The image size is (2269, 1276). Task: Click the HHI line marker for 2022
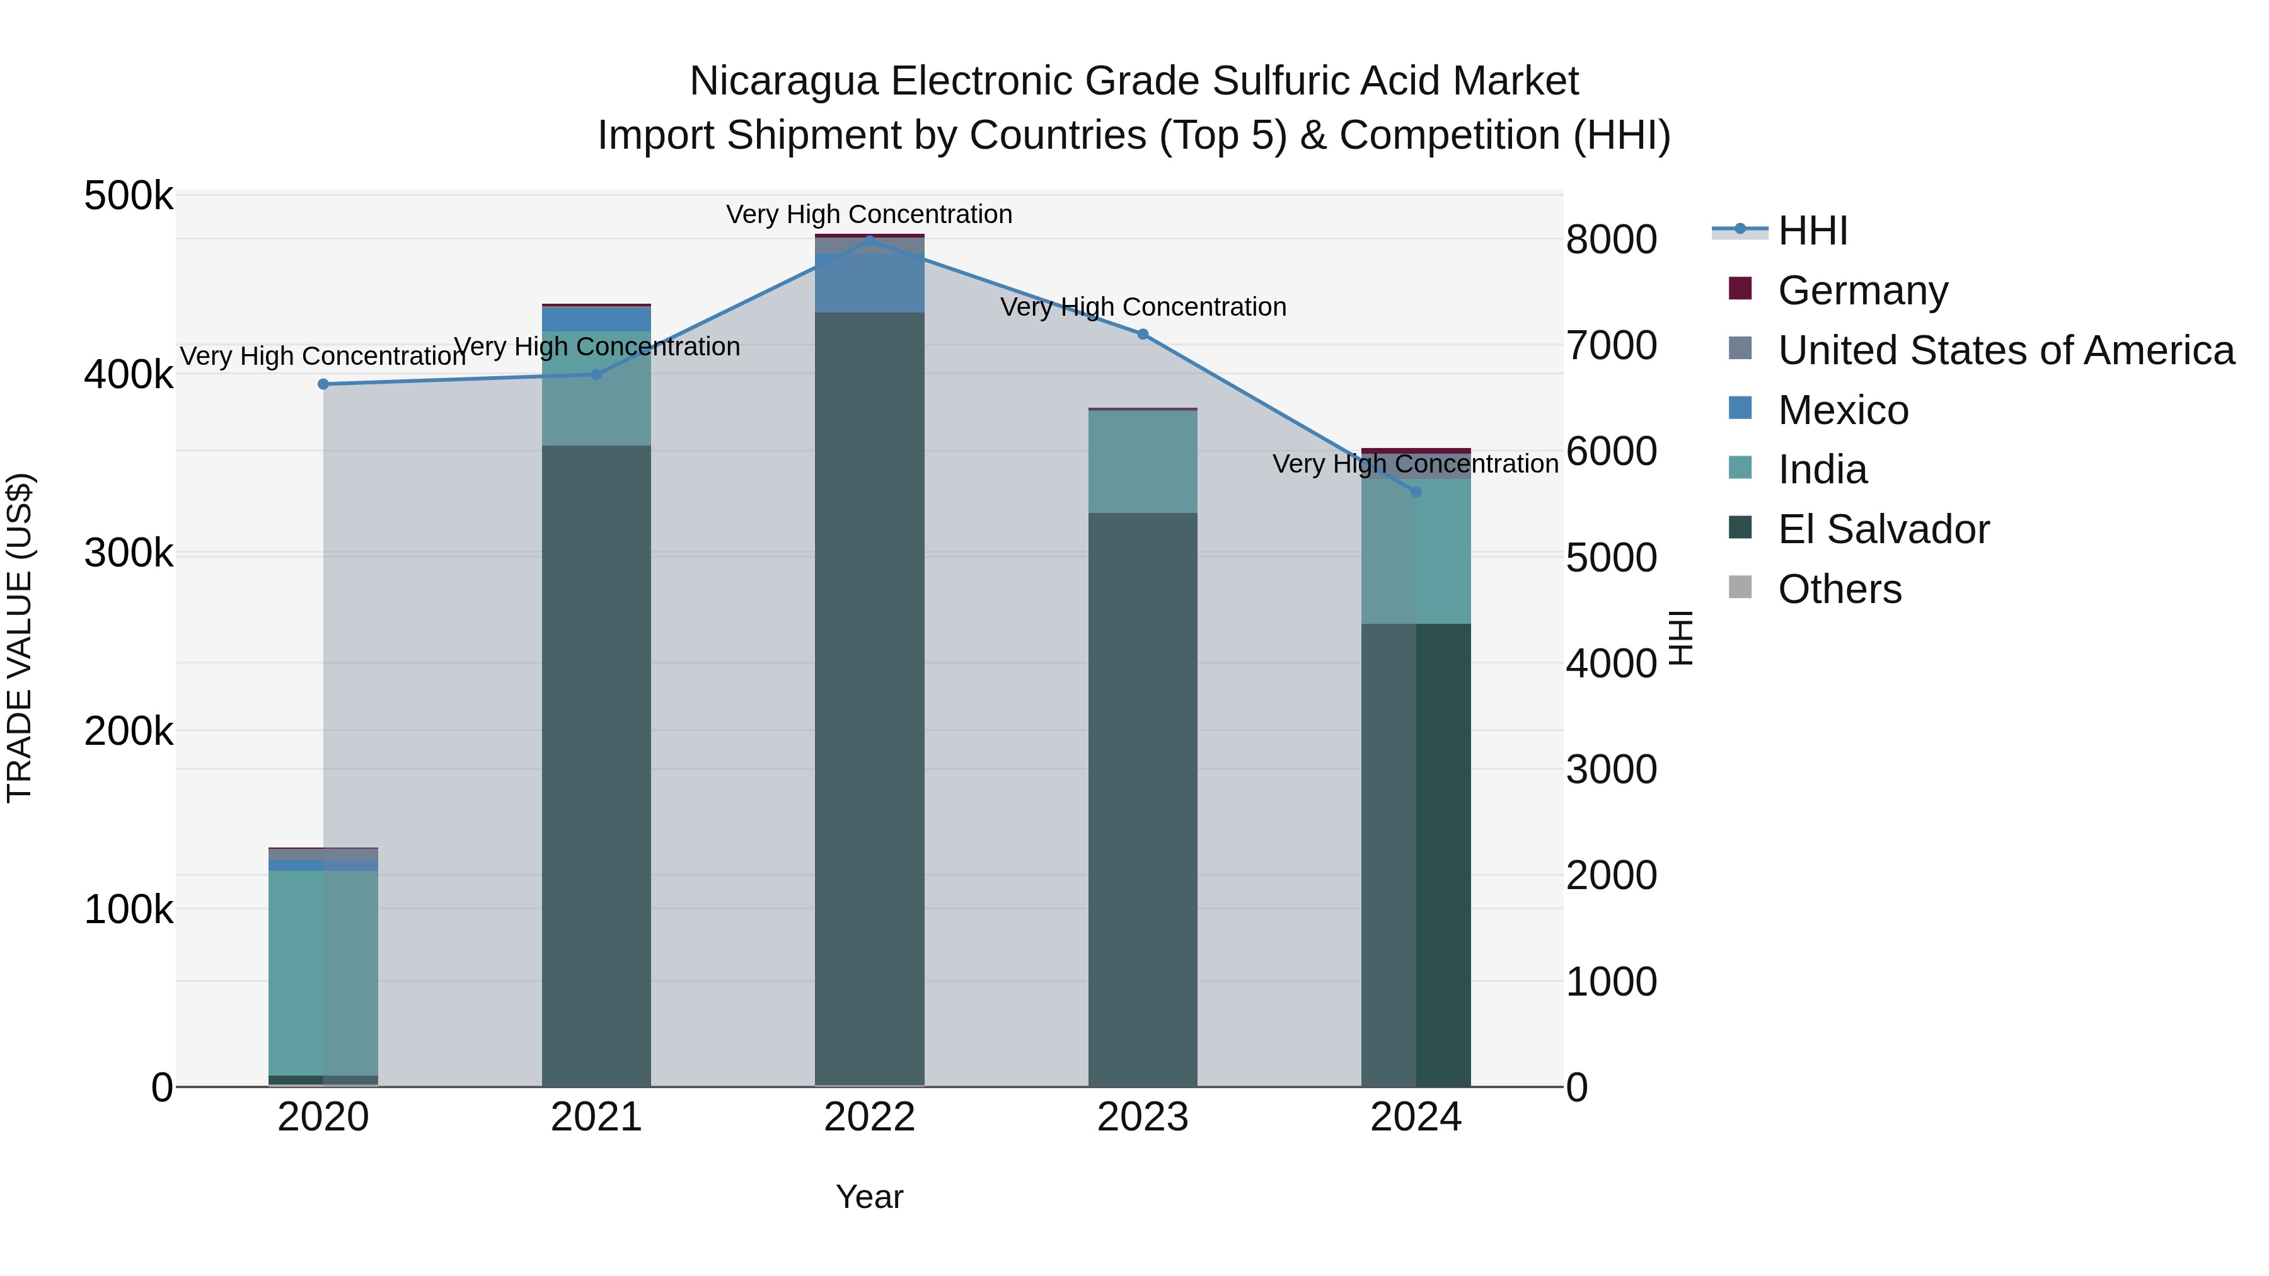tap(869, 241)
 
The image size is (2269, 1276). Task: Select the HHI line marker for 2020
tap(323, 384)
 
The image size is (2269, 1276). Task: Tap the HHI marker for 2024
tap(1416, 492)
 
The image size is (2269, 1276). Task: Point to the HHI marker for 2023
tap(1143, 335)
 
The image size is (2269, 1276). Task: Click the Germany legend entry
tap(1862, 290)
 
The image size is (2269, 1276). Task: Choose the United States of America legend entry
tap(2005, 350)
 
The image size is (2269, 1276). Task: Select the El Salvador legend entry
tap(1883, 529)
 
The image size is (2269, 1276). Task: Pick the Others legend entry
tap(1839, 589)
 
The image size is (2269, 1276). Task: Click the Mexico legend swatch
tap(1740, 408)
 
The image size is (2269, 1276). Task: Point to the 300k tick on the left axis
tap(129, 554)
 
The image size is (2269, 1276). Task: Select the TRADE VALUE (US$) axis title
tap(20, 638)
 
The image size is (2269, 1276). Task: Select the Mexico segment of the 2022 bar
tap(869, 284)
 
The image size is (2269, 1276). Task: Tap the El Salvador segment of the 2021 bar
tap(596, 766)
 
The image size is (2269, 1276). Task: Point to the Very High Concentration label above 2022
tap(869, 215)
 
